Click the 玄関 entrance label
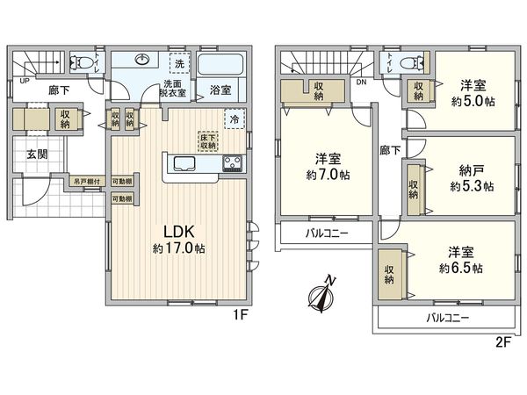click(38, 154)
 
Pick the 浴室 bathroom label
click(220, 90)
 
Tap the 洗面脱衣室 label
click(173, 90)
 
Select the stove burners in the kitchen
click(234, 163)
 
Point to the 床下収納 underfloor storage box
click(209, 142)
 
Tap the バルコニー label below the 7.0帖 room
click(327, 233)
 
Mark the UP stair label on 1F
click(21, 83)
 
